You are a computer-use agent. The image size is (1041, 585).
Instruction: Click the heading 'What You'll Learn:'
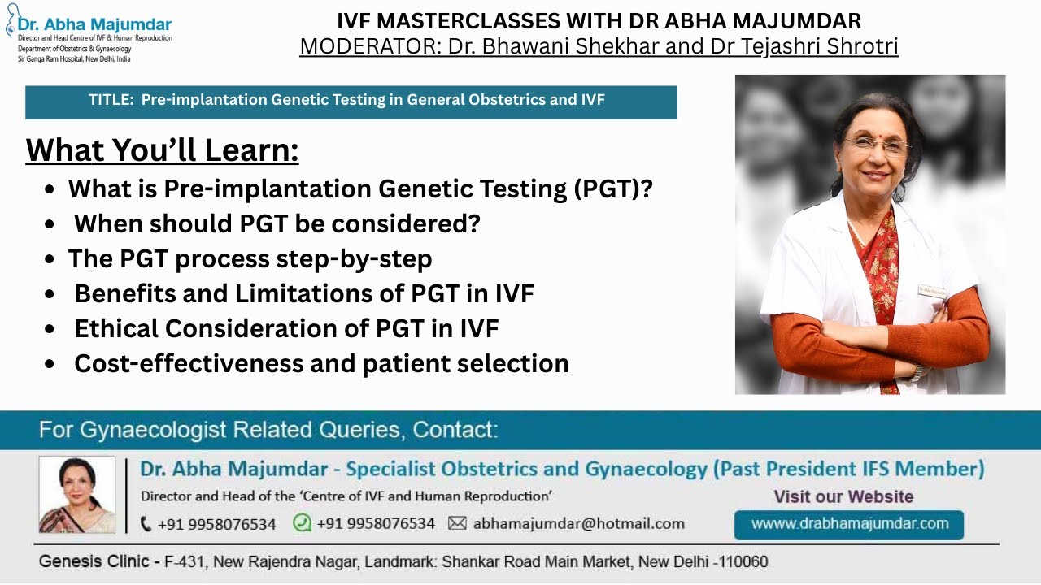point(163,150)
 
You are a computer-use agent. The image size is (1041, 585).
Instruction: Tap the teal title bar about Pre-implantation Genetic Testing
point(351,101)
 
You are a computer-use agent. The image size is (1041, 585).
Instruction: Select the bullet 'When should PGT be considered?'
point(277,223)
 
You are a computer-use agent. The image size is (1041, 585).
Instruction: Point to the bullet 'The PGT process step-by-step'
point(250,258)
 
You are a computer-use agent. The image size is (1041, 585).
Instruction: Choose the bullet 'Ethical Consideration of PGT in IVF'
point(286,328)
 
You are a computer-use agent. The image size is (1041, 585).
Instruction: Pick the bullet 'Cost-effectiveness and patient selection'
point(321,363)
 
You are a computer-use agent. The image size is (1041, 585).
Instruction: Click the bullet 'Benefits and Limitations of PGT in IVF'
point(303,293)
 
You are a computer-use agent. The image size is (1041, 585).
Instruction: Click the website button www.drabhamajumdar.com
point(849,524)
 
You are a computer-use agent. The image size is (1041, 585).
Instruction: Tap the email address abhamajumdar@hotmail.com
point(578,524)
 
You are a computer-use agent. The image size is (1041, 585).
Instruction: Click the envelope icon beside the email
point(458,524)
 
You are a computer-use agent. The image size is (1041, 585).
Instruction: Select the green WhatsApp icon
point(302,523)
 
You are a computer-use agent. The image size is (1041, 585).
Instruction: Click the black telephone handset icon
point(146,524)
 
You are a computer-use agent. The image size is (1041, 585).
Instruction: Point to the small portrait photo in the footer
point(77,495)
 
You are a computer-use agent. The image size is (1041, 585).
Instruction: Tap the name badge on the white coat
point(930,289)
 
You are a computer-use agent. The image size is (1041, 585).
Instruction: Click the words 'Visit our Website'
point(843,496)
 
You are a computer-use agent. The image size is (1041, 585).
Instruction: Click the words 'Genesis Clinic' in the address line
point(88,562)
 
